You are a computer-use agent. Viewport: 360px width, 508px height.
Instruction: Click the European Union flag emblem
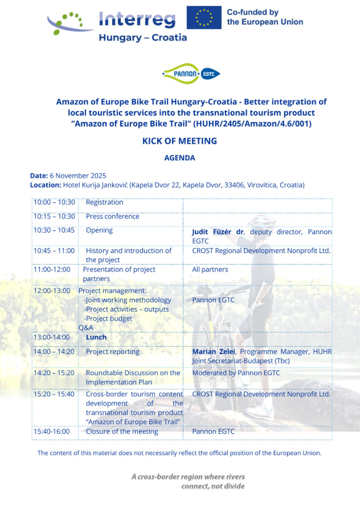(x=204, y=17)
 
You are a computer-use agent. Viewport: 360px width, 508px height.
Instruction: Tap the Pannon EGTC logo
(x=191, y=74)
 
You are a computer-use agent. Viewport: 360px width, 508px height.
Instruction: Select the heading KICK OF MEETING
(x=179, y=141)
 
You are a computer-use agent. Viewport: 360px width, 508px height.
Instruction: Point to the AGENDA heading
(x=179, y=157)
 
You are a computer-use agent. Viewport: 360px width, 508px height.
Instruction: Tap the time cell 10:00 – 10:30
(x=54, y=202)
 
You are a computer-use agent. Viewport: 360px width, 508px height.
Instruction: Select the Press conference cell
(x=112, y=217)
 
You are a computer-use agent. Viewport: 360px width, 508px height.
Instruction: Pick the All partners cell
(x=210, y=269)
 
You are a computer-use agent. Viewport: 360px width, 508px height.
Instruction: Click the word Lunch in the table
(x=96, y=338)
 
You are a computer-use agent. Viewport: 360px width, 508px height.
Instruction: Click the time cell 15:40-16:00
(x=51, y=432)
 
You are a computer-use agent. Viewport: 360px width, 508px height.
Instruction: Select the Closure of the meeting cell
(x=122, y=432)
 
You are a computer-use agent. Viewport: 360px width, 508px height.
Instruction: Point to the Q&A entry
(x=86, y=328)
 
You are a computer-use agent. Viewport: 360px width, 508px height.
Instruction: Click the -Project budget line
(x=108, y=319)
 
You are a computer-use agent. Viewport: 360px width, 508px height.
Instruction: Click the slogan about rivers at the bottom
(x=188, y=481)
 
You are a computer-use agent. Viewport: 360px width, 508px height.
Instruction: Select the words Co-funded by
(x=252, y=12)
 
